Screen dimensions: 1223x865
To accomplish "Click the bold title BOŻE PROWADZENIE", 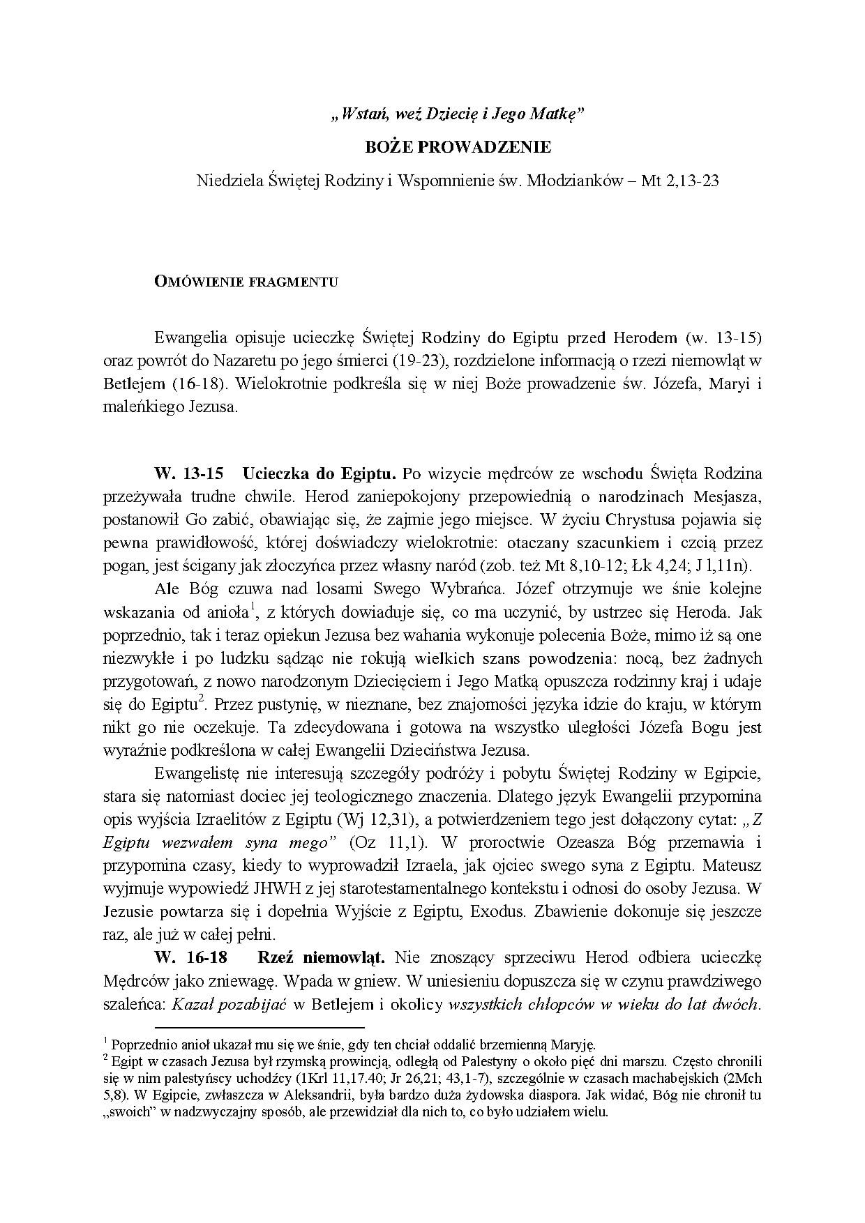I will [x=458, y=147].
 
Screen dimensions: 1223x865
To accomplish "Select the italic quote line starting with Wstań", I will [x=457, y=115].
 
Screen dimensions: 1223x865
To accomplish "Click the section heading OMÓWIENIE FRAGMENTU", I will [x=246, y=282].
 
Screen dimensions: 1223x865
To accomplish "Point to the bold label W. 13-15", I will [x=189, y=474].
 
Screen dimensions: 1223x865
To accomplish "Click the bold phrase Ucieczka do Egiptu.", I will [x=319, y=474].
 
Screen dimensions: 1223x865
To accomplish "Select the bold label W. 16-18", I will [x=189, y=957].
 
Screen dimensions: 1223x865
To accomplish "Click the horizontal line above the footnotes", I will [x=259, y=1027].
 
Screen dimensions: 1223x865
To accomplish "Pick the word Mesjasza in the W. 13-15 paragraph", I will [x=728, y=497].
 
